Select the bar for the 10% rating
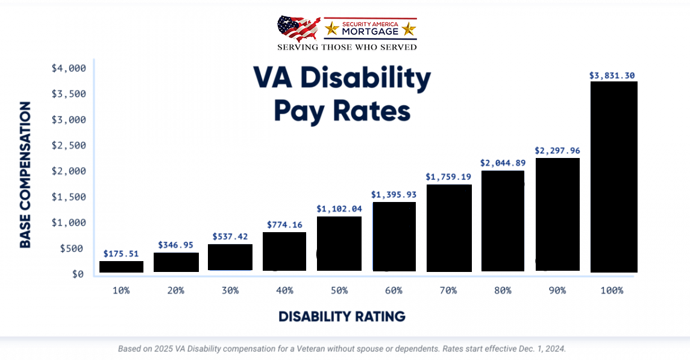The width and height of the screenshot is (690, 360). point(121,267)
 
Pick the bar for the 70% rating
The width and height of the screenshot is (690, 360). point(449,228)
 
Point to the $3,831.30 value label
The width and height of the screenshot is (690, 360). point(612,75)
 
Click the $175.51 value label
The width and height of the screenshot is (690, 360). point(121,254)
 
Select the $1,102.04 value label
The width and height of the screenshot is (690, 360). point(339,209)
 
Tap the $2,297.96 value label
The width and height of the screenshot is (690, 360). point(557,150)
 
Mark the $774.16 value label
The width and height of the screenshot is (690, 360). point(284,225)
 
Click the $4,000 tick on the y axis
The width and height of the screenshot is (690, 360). point(68,68)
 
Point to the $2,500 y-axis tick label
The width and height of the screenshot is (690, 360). point(68,145)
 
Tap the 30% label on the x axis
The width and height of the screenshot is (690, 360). point(230,291)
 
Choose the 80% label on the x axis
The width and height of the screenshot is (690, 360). point(503,291)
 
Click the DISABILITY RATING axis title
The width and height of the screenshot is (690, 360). point(342,317)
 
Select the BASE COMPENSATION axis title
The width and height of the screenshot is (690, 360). point(25,175)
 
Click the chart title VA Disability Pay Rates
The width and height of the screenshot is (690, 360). point(342,94)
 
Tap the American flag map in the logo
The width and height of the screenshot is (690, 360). point(298,28)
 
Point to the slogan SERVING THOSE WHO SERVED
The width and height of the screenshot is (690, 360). point(347,47)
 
